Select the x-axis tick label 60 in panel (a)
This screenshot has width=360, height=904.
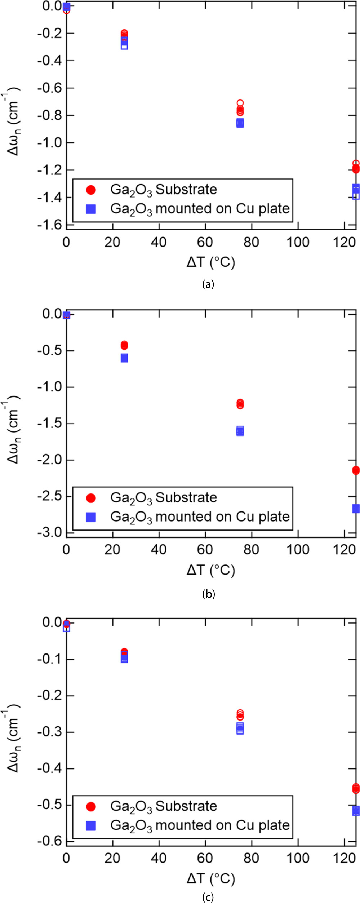point(205,242)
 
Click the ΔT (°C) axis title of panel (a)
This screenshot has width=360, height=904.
point(211,262)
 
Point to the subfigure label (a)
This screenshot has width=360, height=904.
point(208,284)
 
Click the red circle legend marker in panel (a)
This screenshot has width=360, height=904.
point(91,190)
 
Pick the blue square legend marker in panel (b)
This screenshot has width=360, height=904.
point(91,517)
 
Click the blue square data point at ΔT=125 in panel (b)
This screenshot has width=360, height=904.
point(356,508)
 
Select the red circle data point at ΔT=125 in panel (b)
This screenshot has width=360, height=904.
point(356,470)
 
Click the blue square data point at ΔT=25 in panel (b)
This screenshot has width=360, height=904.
point(124,358)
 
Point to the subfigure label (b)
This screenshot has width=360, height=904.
point(208,594)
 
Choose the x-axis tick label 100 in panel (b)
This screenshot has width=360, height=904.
point(298,550)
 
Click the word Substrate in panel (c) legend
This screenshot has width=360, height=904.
point(186,806)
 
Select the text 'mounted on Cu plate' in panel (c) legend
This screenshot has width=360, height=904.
point(222,825)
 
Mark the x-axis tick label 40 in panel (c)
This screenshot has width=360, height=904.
point(159,858)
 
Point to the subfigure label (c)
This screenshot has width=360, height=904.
point(208,897)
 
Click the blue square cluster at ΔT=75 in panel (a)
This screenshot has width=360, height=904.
point(240,123)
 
